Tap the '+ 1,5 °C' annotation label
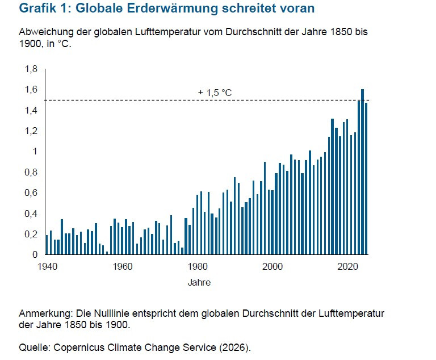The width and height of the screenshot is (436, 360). click(215, 93)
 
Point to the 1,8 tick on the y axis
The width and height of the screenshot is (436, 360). click(31, 69)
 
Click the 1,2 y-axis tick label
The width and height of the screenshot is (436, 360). click(31, 131)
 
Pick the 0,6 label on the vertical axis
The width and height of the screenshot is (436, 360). click(31, 193)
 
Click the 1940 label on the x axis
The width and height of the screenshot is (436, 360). click(47, 266)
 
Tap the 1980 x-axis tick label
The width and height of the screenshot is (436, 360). click(197, 266)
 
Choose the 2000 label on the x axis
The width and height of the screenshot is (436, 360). click(272, 266)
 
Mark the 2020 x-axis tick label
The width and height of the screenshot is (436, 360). click(347, 266)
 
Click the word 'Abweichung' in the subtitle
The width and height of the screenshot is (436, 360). click(44, 32)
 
